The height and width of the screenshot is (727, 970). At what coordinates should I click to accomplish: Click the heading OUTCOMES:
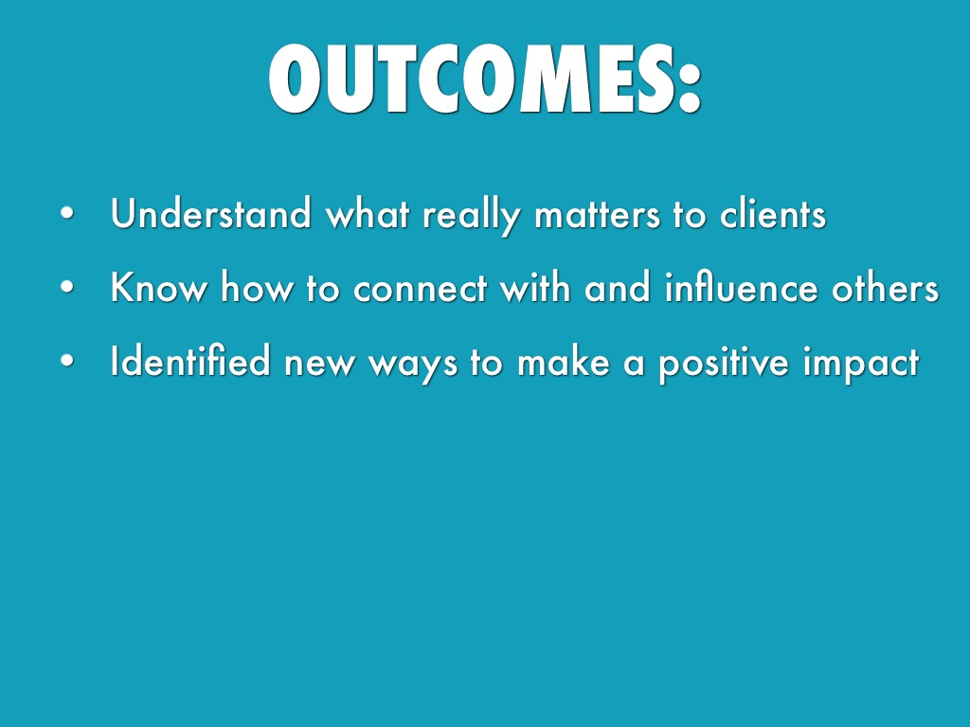pyautogui.click(x=485, y=80)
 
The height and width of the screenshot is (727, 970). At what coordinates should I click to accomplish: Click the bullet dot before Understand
pyautogui.click(x=67, y=214)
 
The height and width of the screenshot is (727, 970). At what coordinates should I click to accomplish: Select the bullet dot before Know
pyautogui.click(x=67, y=288)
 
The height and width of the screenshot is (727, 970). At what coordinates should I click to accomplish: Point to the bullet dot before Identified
pyautogui.click(x=67, y=361)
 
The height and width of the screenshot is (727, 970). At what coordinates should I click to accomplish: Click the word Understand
pyautogui.click(x=210, y=213)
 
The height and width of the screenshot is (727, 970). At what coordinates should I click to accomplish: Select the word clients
pyautogui.click(x=773, y=214)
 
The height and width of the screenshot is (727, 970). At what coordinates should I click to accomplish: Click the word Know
pyautogui.click(x=159, y=288)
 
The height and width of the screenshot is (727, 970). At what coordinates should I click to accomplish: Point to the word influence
pyautogui.click(x=741, y=287)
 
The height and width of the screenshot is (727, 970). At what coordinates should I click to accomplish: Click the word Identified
pyautogui.click(x=190, y=361)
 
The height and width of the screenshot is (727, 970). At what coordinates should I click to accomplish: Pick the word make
pyautogui.click(x=564, y=361)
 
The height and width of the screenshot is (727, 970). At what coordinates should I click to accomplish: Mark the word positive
pyautogui.click(x=724, y=364)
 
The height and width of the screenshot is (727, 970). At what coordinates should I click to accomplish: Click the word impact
pyautogui.click(x=861, y=364)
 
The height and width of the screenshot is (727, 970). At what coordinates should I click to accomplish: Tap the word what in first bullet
pyautogui.click(x=368, y=214)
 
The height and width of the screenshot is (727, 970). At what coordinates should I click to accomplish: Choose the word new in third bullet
pyautogui.click(x=319, y=364)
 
